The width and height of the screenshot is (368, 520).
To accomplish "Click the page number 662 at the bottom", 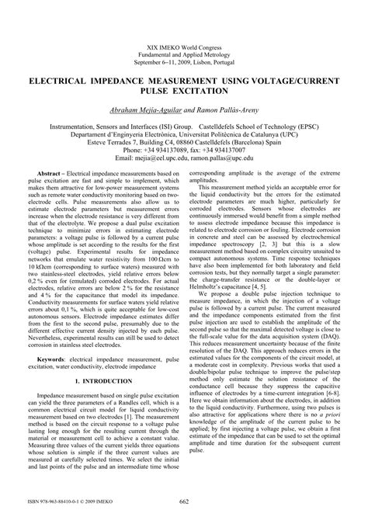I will (184, 502).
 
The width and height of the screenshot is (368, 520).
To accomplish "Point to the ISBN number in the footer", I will (47, 502).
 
